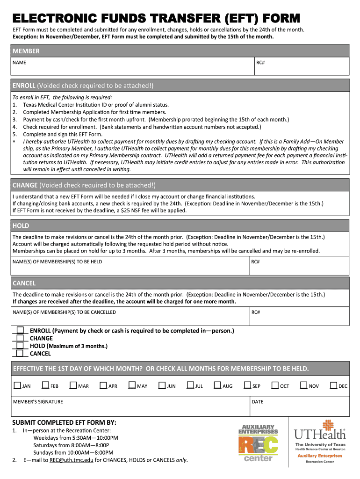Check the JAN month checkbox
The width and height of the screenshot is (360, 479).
pyautogui.click(x=17, y=385)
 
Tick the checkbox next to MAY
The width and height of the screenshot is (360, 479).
pyautogui.click(x=132, y=385)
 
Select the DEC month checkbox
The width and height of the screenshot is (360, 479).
pyautogui.click(x=334, y=385)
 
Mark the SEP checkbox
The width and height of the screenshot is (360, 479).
pyautogui.click(x=247, y=385)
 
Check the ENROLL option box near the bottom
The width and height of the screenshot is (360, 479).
pyautogui.click(x=20, y=330)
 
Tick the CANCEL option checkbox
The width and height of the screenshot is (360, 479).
pyautogui.click(x=20, y=353)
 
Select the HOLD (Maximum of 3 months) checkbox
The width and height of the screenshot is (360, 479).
pyautogui.click(x=20, y=346)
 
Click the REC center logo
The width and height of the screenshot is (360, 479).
pyautogui.click(x=258, y=443)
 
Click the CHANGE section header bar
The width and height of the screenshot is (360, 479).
pyautogui.click(x=180, y=184)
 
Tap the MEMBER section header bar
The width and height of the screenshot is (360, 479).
pyautogui.click(x=180, y=51)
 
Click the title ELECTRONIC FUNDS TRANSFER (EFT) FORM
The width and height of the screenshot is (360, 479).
pyautogui.click(x=156, y=18)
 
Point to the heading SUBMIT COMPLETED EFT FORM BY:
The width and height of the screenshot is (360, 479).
pyautogui.click(x=65, y=422)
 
